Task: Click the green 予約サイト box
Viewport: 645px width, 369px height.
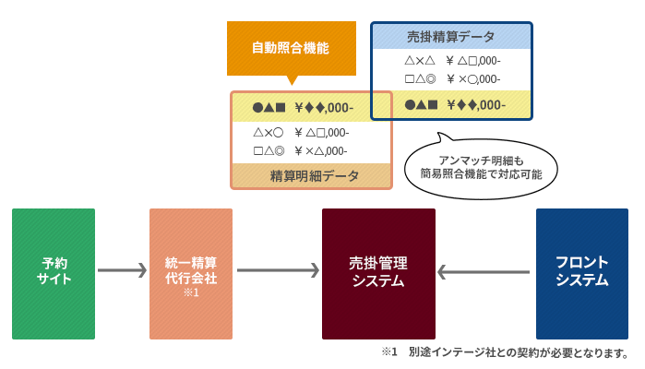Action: pos(54,273)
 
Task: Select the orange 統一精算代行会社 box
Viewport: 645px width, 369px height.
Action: pos(191,273)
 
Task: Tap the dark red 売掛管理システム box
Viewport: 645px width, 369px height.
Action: pos(378,273)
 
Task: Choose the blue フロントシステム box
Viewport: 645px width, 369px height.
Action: pos(581,273)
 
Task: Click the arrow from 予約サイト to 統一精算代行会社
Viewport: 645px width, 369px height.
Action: pos(122,270)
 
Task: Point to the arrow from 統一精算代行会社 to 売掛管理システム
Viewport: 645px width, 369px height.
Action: pos(278,270)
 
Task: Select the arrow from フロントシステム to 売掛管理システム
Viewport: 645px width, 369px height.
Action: pos(484,271)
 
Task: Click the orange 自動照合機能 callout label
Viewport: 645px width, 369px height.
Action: pos(291,48)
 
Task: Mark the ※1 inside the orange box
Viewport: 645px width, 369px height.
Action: pos(191,292)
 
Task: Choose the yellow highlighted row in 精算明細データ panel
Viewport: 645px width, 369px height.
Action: pos(311,107)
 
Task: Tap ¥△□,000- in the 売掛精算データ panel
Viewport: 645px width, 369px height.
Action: pos(472,61)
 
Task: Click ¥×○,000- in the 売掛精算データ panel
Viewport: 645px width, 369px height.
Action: pos(472,78)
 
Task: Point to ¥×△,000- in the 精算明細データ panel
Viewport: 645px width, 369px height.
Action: pos(321,150)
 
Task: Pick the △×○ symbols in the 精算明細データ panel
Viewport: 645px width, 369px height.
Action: pos(267,132)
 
